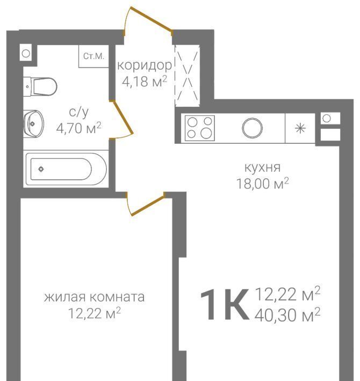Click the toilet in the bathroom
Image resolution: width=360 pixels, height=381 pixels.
40,86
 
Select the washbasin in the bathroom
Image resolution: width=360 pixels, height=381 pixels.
33,124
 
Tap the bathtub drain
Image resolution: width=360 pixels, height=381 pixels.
41,169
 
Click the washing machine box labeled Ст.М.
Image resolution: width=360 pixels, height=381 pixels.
93,56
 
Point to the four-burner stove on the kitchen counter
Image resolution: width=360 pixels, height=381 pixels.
200,128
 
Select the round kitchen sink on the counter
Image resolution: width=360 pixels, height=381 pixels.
252,128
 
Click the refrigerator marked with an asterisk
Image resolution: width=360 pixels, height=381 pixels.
300,128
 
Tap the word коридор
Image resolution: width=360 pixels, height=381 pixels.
145,65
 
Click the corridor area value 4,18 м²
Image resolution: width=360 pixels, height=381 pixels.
145,82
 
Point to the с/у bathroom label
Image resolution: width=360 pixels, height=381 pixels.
79,112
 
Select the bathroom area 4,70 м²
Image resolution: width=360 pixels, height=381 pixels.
78,128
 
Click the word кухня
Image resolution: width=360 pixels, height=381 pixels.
262,167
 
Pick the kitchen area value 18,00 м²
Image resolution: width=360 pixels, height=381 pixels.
263,184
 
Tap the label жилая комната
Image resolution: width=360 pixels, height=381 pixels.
95,297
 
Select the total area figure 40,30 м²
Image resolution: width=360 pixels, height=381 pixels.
287,315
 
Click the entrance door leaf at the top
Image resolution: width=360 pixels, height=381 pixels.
152,19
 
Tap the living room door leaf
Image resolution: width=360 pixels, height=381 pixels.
147,204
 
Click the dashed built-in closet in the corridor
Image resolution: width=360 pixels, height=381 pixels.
188,76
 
